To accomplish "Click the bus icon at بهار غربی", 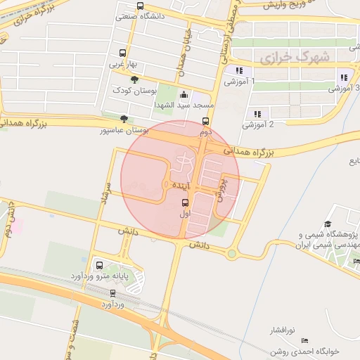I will point(123,53).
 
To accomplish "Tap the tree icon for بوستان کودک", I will point(134,80).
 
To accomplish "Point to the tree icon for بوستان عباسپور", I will point(124,119).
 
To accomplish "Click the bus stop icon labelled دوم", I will point(205,120).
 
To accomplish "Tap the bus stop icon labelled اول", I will point(186,202).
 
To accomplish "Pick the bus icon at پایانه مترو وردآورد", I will point(98,266).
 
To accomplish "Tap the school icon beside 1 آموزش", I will point(240,70).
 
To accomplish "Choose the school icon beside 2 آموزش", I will point(257,113).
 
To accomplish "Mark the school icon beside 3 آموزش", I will point(342,77).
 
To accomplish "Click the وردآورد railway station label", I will point(112,304).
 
